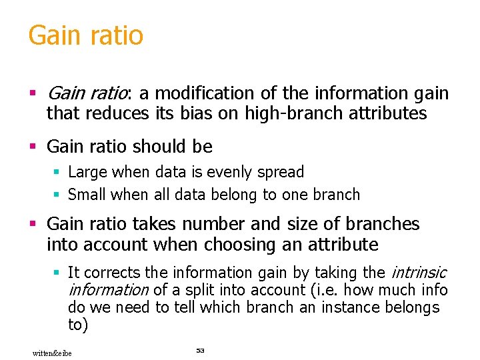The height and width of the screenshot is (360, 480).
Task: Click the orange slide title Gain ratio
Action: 85,36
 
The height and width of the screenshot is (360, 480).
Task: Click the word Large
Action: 88,172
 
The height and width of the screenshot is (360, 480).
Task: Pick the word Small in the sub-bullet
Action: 88,195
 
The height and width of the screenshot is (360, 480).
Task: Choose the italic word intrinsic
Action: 418,273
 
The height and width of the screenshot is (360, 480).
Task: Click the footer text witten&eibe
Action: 52,353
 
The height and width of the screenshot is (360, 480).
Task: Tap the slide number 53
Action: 200,350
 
